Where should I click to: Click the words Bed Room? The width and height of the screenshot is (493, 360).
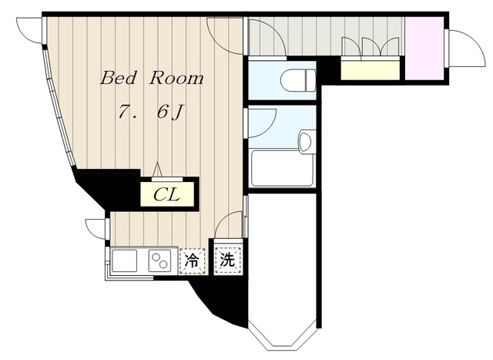[152, 78]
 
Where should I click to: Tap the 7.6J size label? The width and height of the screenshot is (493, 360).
[150, 112]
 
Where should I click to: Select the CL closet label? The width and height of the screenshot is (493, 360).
[166, 195]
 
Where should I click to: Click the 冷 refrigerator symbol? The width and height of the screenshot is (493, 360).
[192, 261]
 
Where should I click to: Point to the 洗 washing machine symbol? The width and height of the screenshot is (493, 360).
[228, 260]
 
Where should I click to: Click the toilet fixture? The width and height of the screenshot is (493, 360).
[298, 80]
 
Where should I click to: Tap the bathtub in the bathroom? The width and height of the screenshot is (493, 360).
[283, 168]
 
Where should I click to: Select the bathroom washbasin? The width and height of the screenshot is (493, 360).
[307, 141]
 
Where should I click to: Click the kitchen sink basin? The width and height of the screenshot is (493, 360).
[125, 261]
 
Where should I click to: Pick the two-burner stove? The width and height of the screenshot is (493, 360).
[159, 261]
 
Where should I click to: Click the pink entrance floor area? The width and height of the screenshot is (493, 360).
[424, 48]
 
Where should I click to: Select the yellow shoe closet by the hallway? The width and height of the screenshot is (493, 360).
[371, 70]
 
